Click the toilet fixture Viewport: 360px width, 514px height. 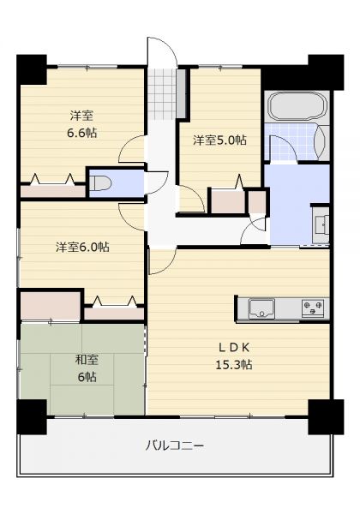[101, 183]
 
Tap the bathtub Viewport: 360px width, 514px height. [297, 106]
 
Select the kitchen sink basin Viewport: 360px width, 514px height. [261, 308]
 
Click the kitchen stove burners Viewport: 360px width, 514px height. [313, 308]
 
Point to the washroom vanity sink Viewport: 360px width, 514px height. [322, 225]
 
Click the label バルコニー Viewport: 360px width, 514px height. [174, 445]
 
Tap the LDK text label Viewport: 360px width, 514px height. [234, 347]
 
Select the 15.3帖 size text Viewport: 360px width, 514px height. [233, 364]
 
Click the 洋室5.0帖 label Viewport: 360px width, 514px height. [219, 140]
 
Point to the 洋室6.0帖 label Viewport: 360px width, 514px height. [82, 247]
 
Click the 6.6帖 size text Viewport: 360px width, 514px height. [82, 133]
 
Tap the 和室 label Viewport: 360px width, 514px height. [87, 360]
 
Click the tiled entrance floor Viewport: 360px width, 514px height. [162, 94]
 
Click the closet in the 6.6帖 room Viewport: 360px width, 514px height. [53, 191]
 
